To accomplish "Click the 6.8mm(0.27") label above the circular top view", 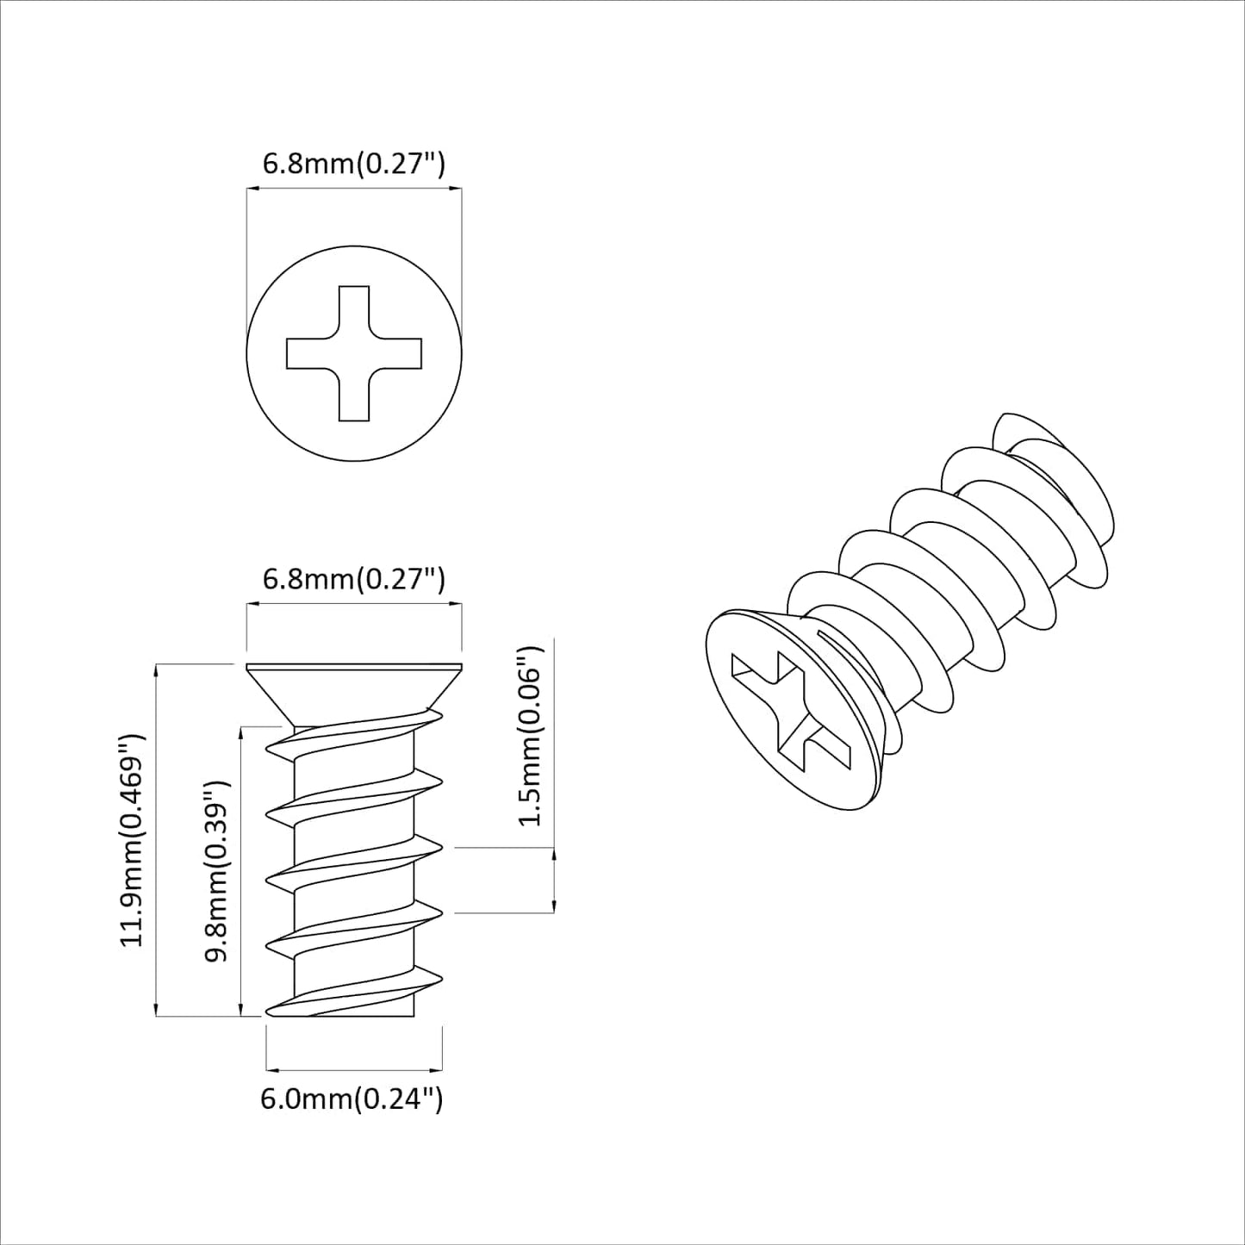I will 353,164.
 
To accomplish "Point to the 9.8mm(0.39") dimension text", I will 215,870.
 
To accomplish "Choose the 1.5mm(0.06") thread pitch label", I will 532,735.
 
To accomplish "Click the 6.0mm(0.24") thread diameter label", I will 352,1099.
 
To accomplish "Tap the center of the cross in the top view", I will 354,353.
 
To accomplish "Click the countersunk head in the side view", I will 354,689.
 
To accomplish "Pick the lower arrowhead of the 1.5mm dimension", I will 552,906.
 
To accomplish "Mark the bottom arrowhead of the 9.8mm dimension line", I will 240,1010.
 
